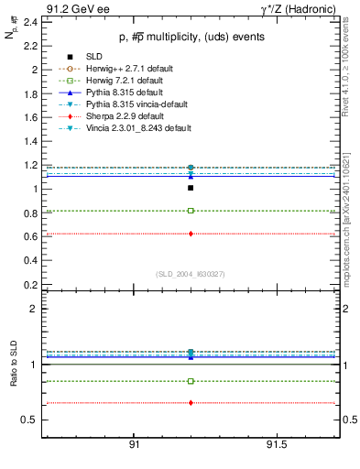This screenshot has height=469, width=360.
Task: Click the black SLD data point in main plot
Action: [191, 188]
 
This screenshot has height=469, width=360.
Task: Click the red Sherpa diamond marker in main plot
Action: [191, 234]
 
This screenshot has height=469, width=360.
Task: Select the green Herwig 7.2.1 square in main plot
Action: [191, 211]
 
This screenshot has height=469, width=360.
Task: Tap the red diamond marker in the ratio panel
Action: [191, 403]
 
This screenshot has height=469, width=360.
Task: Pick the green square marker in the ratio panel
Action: [191, 381]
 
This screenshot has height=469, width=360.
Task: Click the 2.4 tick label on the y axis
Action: [29, 21]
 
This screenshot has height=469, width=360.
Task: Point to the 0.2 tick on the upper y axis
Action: [29, 284]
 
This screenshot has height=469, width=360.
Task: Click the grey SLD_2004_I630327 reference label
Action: [190, 274]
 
